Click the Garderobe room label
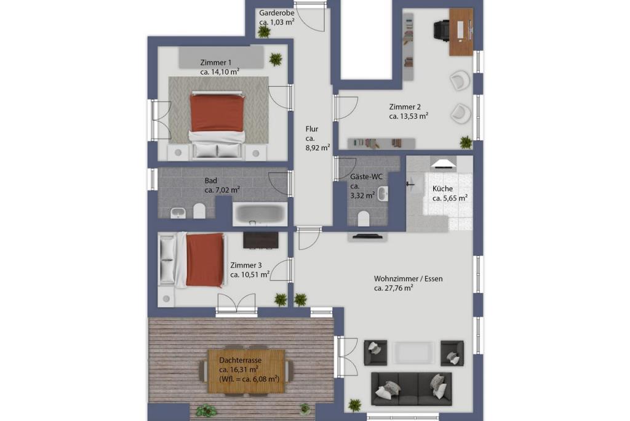click(276, 13)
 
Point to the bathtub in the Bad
click(260, 214)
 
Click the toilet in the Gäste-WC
click(363, 219)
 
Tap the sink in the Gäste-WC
click(383, 194)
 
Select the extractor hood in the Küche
click(443, 163)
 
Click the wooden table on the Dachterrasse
click(246, 371)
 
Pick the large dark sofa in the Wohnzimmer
click(412, 389)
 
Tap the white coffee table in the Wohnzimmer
click(413, 353)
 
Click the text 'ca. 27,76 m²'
click(394, 288)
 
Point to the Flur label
click(312, 129)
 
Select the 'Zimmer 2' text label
click(405, 107)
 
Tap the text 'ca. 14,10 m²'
click(220, 72)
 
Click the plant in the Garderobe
click(264, 31)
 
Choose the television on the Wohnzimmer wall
click(368, 236)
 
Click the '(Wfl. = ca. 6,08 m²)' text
click(249, 379)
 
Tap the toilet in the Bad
click(199, 210)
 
